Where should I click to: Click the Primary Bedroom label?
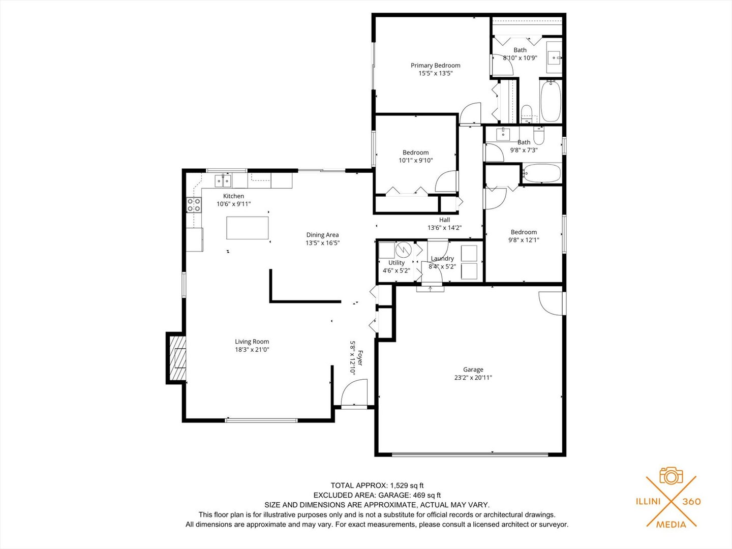435,66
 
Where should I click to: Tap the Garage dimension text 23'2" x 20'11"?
473,378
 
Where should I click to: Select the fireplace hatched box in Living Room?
177,358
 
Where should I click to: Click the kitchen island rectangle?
248,228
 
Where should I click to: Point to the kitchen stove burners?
194,205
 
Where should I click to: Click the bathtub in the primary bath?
551,101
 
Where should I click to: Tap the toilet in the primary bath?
527,113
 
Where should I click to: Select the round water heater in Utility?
404,250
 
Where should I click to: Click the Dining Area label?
322,235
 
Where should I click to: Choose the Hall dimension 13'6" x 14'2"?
444,228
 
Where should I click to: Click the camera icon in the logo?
672,475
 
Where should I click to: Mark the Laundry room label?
442,258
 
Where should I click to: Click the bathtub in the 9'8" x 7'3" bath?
541,173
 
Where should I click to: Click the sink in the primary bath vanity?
555,57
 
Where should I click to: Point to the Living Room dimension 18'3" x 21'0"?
252,350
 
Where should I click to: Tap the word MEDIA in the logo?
672,525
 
